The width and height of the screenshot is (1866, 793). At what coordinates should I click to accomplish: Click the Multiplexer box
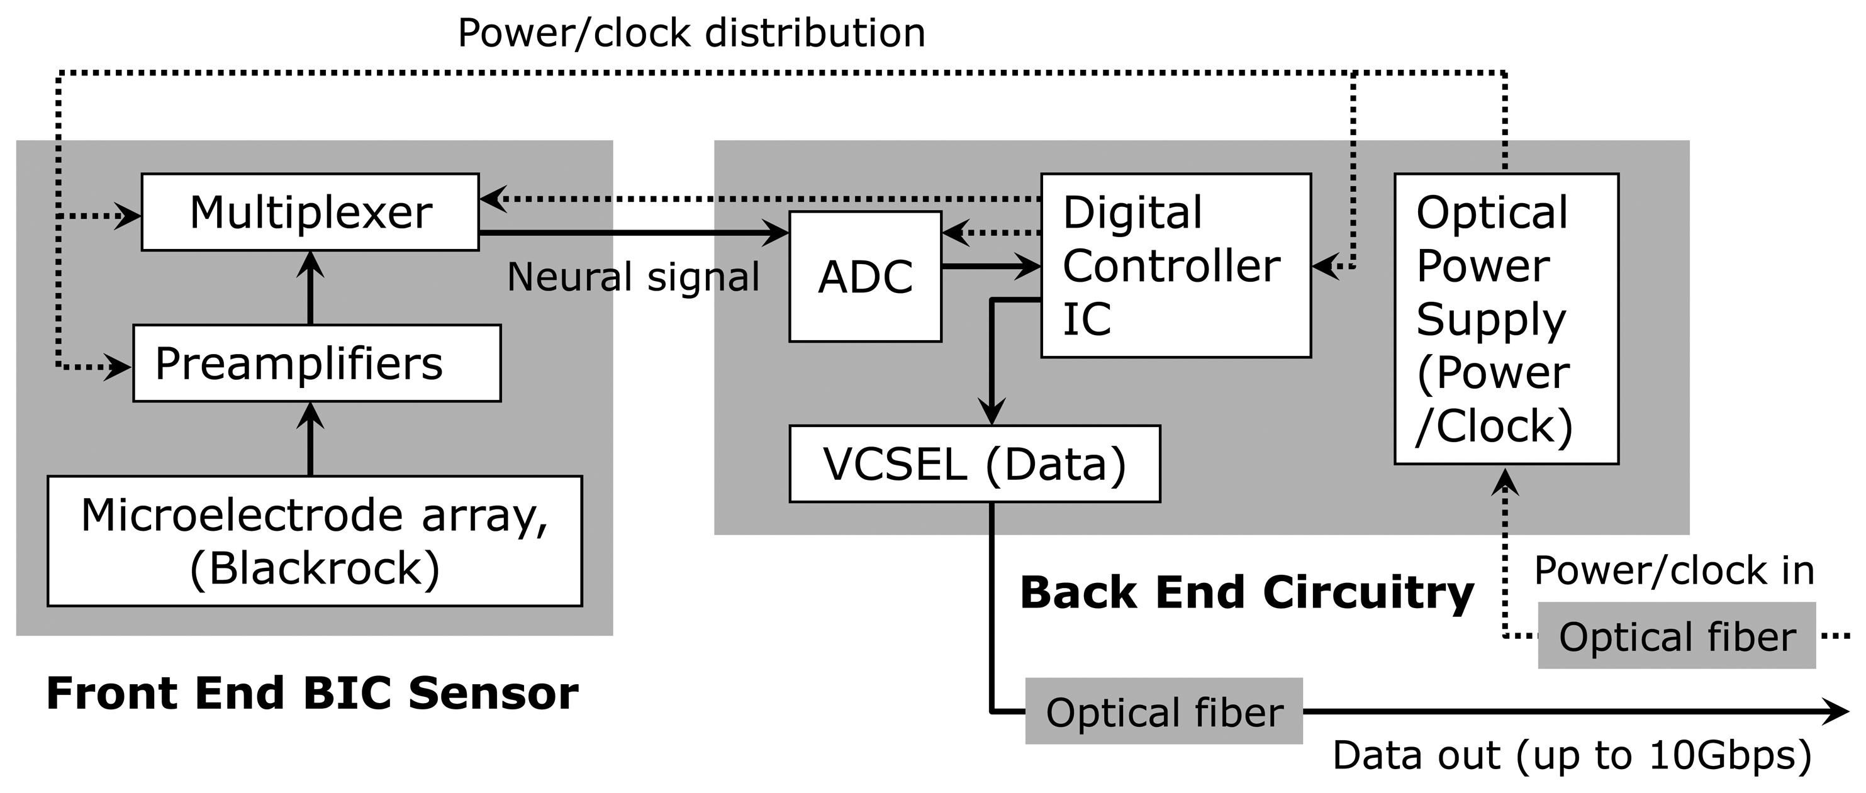[310, 212]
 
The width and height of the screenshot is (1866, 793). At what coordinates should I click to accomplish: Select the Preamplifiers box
[316, 363]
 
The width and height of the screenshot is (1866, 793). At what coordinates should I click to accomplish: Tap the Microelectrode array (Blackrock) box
[315, 540]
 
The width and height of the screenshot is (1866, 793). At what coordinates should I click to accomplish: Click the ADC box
[865, 277]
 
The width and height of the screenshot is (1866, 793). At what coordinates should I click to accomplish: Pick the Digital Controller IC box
[1176, 265]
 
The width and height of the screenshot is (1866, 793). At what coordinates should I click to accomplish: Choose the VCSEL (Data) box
[975, 463]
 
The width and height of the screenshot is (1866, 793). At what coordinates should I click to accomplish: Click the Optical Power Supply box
[1506, 319]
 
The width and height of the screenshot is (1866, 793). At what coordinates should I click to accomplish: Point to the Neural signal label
[633, 277]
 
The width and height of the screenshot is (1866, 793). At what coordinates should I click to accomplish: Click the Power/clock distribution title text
[692, 33]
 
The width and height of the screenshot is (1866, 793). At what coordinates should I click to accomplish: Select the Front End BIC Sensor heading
[312, 693]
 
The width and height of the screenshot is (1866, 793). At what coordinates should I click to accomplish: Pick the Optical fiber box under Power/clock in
[1676, 636]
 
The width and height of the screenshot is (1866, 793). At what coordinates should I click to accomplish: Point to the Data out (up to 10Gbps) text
[1572, 755]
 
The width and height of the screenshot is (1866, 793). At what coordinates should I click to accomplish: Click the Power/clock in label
[1674, 570]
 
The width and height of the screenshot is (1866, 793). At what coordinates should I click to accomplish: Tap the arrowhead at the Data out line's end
[1836, 711]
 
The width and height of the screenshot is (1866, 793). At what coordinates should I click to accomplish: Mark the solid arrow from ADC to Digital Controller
[991, 267]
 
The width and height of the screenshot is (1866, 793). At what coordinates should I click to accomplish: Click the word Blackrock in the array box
[315, 568]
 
